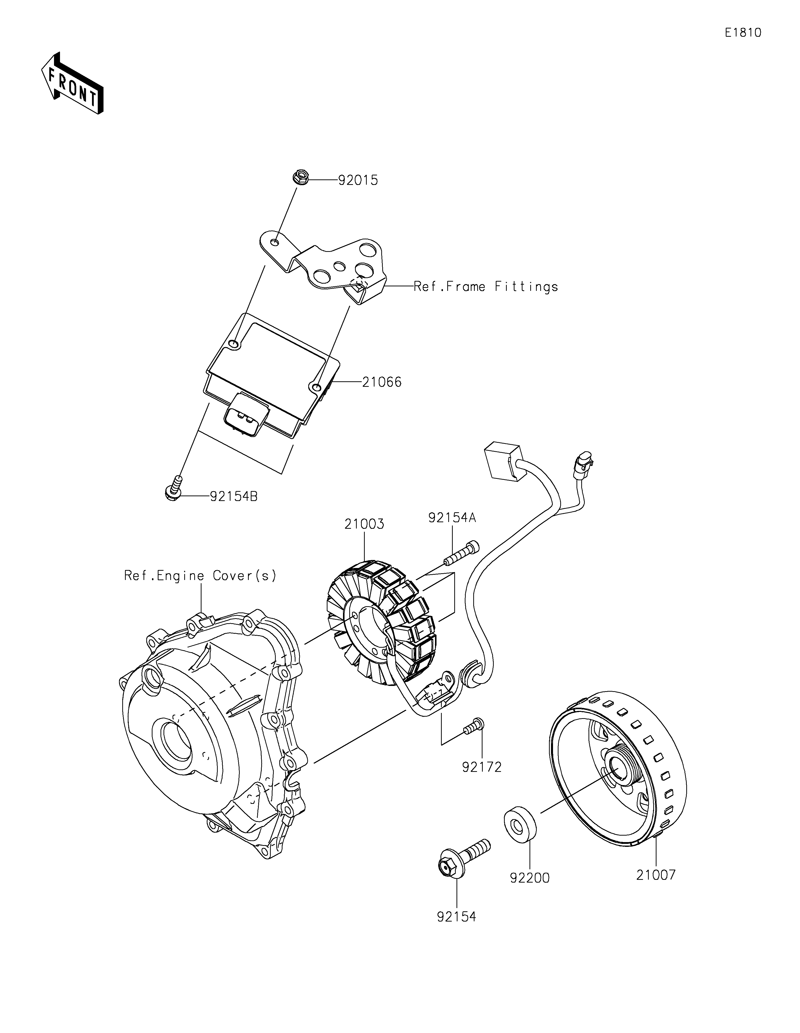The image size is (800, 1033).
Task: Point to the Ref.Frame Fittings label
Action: coord(486,287)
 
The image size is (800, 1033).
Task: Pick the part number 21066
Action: coord(382,382)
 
